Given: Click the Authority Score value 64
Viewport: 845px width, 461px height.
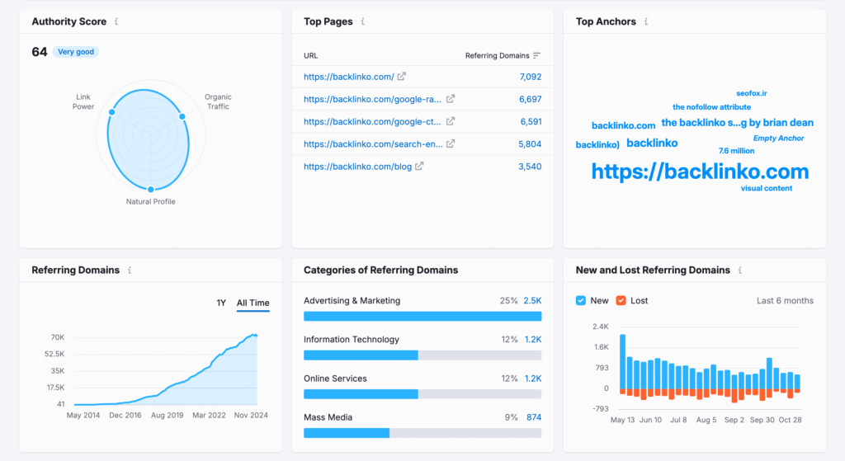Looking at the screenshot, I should point(39,52).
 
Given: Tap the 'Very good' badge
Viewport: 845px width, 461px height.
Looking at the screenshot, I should point(76,52).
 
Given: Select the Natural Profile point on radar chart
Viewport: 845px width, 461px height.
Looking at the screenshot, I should point(150,190).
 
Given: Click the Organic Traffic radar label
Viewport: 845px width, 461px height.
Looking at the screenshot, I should point(218,101).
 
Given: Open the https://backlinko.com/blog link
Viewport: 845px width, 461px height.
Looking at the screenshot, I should point(357,167).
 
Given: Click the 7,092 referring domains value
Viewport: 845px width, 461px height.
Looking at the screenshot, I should point(530,77).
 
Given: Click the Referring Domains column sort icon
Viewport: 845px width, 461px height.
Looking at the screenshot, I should point(536,55).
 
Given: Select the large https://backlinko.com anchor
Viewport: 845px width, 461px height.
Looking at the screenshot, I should point(700,172).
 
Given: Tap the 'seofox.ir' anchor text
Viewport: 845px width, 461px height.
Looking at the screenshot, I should point(752,94).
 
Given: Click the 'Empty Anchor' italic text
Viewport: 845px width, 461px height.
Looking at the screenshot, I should point(778,139).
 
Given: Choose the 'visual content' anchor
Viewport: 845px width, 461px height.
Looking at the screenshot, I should point(766,189).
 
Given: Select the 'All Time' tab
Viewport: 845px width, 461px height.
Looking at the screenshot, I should point(253,303).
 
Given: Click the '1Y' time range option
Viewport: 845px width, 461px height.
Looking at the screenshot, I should point(221,303).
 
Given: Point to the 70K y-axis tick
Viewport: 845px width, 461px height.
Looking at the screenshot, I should point(57,337).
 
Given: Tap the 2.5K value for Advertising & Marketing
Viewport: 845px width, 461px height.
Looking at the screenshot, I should point(532,301).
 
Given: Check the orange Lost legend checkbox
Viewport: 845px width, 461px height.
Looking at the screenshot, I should point(621,301).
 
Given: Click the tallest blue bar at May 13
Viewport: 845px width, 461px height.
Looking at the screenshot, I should point(622,361).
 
